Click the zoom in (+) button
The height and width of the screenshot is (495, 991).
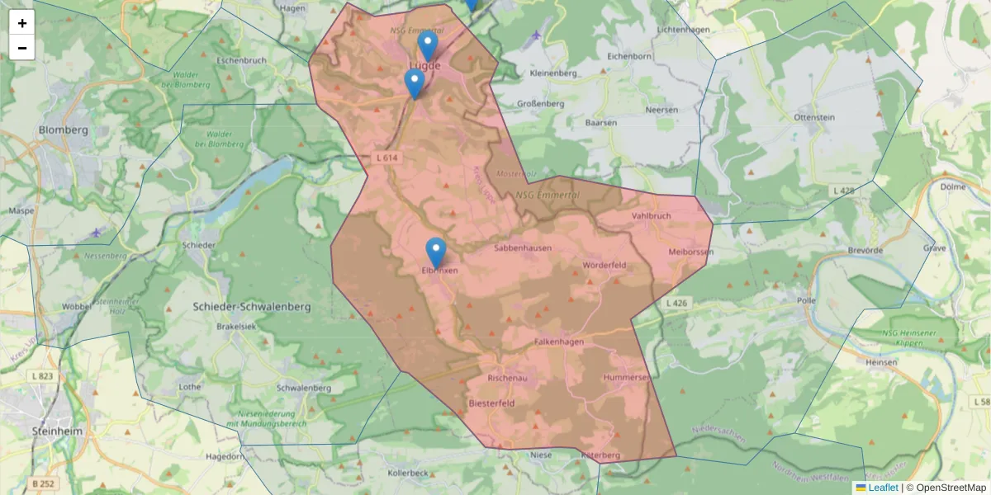[22, 23]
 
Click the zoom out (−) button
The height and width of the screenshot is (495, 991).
[22, 48]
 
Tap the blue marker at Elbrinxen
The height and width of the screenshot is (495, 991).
[435, 252]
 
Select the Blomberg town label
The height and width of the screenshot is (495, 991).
[64, 130]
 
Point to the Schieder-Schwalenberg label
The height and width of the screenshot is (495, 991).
[251, 307]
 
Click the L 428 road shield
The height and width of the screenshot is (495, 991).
[843, 191]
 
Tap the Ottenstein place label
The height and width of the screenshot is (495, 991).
[813, 118]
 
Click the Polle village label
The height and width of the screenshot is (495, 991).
[806, 301]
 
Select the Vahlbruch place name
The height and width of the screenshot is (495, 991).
[651, 216]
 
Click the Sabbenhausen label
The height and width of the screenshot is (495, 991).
[522, 247]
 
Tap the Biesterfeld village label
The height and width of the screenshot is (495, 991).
[491, 404]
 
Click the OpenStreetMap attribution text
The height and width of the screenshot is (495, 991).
[951, 488]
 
